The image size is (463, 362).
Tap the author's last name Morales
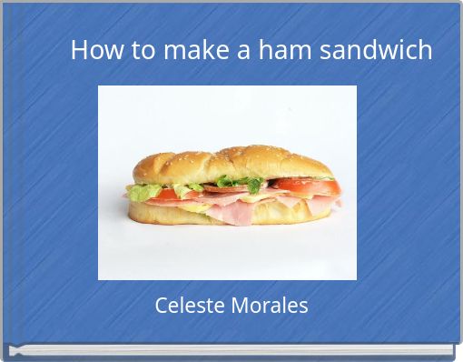270,306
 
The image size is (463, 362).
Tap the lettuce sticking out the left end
140,192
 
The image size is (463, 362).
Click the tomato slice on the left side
167,193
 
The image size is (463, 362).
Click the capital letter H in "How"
78,50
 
